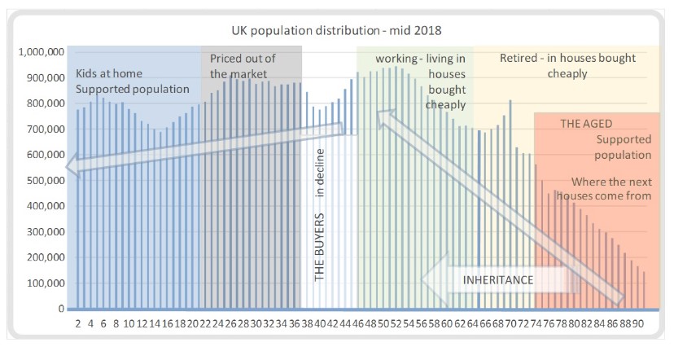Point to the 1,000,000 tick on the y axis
point(41,52)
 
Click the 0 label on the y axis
point(59,310)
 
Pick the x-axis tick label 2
point(78,323)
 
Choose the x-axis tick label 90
point(641,323)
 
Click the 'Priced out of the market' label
point(243,66)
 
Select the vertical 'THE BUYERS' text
point(320,249)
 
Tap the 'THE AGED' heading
point(586,125)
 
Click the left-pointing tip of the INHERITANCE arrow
point(424,279)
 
